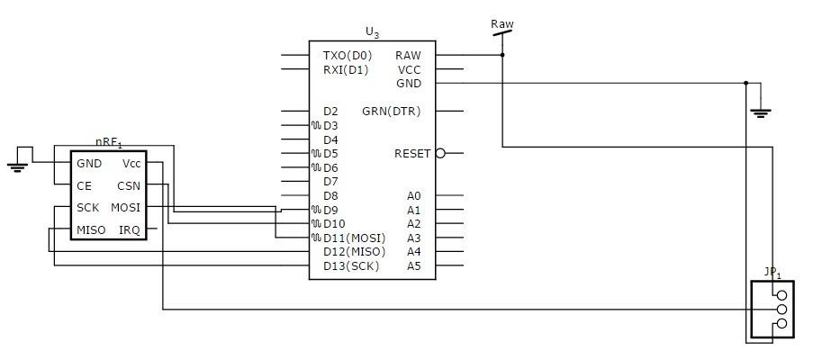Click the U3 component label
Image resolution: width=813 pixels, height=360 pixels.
tap(372, 32)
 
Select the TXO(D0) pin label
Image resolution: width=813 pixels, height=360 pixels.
tap(347, 55)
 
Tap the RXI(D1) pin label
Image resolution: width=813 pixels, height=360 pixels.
tap(346, 69)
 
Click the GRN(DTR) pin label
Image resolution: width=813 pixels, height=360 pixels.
tap(391, 112)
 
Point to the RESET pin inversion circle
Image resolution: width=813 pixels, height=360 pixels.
tap(440, 154)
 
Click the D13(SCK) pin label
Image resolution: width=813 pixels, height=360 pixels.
tap(351, 266)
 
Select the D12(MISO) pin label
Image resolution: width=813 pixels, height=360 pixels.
tap(354, 252)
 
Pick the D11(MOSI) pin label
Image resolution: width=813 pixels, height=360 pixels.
tap(354, 238)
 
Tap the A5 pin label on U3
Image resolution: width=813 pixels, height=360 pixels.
tap(413, 266)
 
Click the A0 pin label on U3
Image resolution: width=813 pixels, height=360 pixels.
tap(413, 195)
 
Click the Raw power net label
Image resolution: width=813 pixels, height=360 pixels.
tap(502, 23)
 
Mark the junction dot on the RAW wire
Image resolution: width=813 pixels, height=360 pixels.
tap(502, 55)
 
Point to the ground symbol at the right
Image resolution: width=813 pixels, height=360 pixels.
tap(761, 112)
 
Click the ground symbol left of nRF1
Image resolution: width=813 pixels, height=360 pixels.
tap(16, 166)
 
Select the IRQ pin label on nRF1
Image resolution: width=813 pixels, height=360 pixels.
tap(130, 230)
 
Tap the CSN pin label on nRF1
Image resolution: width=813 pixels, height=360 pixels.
tap(128, 186)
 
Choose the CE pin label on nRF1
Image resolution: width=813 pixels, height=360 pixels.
tap(84, 186)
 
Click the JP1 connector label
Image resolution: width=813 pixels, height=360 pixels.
tap(772, 271)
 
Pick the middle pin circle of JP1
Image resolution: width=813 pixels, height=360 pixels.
tap(781, 309)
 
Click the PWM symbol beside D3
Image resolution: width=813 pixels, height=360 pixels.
tap(315, 126)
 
